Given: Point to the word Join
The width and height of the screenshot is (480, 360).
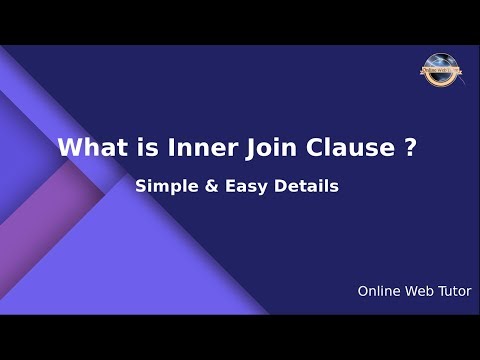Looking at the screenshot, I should coord(247,148).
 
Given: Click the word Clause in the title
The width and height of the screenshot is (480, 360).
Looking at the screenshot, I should coord(331,148).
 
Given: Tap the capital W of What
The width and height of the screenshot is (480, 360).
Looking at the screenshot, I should coord(68,148).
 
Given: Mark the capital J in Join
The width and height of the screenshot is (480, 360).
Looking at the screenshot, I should coord(229,148).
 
